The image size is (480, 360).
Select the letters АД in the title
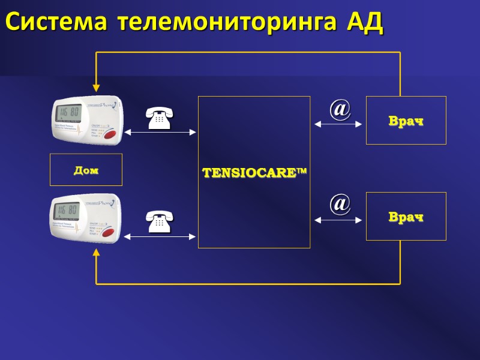coord(365,22)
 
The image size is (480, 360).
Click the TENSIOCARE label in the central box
coord(254,173)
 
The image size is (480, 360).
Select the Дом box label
coord(86,170)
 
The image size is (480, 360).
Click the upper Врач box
coord(406,121)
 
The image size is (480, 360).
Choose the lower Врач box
coord(406,217)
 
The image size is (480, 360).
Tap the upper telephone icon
coord(159,118)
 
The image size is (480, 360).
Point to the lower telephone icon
coord(159,221)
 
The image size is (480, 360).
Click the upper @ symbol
coord(340,109)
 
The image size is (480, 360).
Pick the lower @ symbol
coord(340,204)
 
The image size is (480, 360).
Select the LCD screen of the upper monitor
coord(68,112)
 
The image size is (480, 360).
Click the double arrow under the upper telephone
coord(160,132)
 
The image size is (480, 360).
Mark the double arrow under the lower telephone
coord(160,236)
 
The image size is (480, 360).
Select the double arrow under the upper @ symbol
coord(338,124)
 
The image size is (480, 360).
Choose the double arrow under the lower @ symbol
coord(338,220)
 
